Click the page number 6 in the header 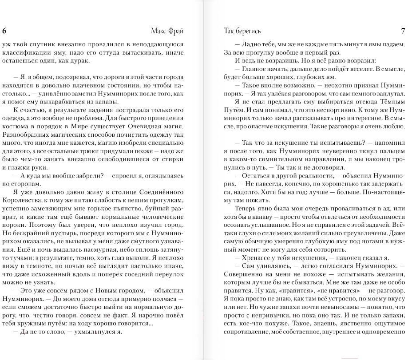(x=4, y=31)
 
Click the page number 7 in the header (x=403, y=31)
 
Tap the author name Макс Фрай (x=167, y=31)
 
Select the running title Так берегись (x=242, y=31)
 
